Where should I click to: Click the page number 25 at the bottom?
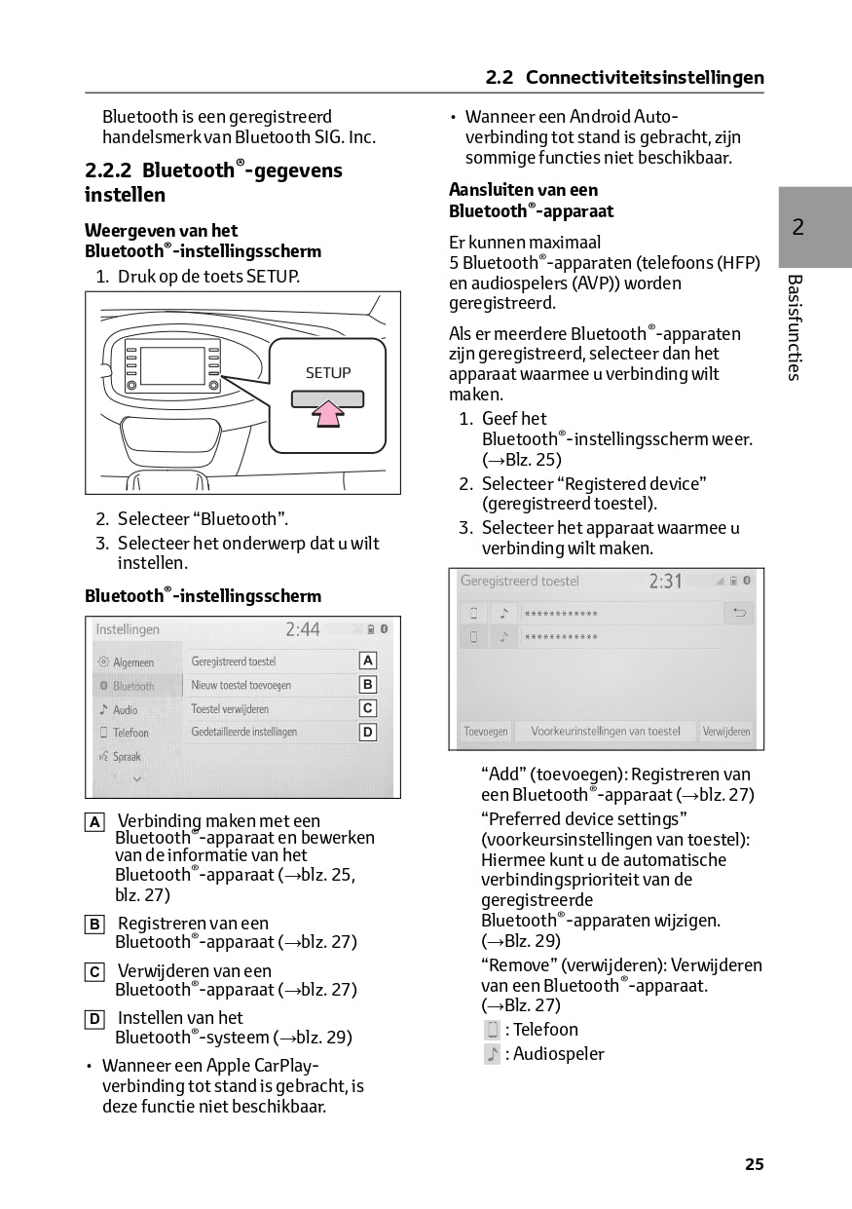point(754,1164)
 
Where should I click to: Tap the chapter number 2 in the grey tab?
point(798,228)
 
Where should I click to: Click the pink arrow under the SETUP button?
point(327,414)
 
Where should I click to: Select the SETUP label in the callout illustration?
point(327,373)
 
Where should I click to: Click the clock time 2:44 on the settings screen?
point(302,630)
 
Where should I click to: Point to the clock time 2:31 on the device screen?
point(666,582)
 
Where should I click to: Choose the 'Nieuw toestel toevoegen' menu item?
point(241,685)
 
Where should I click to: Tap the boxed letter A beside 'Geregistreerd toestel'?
point(368,661)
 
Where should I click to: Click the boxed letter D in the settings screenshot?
point(368,733)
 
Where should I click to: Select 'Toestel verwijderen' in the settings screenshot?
point(230,709)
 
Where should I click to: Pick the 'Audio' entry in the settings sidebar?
point(126,710)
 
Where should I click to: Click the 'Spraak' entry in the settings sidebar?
point(127,757)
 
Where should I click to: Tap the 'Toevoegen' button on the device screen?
point(485,731)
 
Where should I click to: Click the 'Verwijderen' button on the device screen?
point(726,731)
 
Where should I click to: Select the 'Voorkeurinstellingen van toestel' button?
point(606,731)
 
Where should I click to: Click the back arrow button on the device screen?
point(739,613)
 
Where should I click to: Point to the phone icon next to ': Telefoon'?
point(492,1030)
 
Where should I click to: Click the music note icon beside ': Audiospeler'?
point(492,1054)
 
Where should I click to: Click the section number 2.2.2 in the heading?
point(108,170)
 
